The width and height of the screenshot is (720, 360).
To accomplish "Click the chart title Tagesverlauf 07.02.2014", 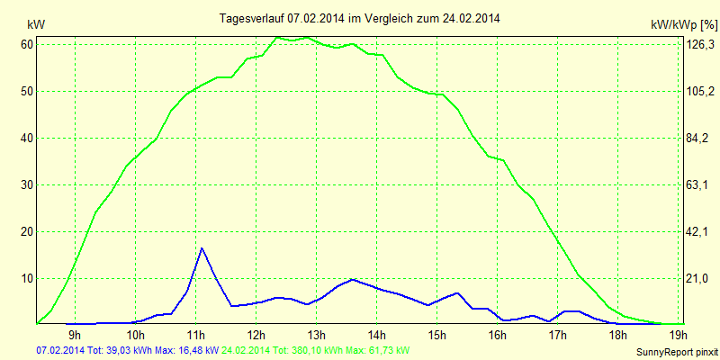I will [x=360, y=18].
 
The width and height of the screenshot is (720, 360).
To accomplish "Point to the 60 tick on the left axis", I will [x=27, y=44].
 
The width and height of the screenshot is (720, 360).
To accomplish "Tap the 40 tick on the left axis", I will [x=27, y=138].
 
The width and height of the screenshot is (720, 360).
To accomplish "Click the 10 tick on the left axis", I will [x=27, y=278].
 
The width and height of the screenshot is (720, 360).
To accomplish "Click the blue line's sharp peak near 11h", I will [x=202, y=247].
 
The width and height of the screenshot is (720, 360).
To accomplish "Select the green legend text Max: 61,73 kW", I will [x=379, y=350].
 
